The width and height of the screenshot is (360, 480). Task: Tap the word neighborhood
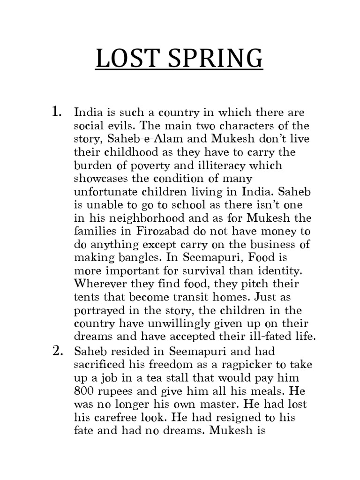click(134, 218)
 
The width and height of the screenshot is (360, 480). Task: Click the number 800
click(86, 390)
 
